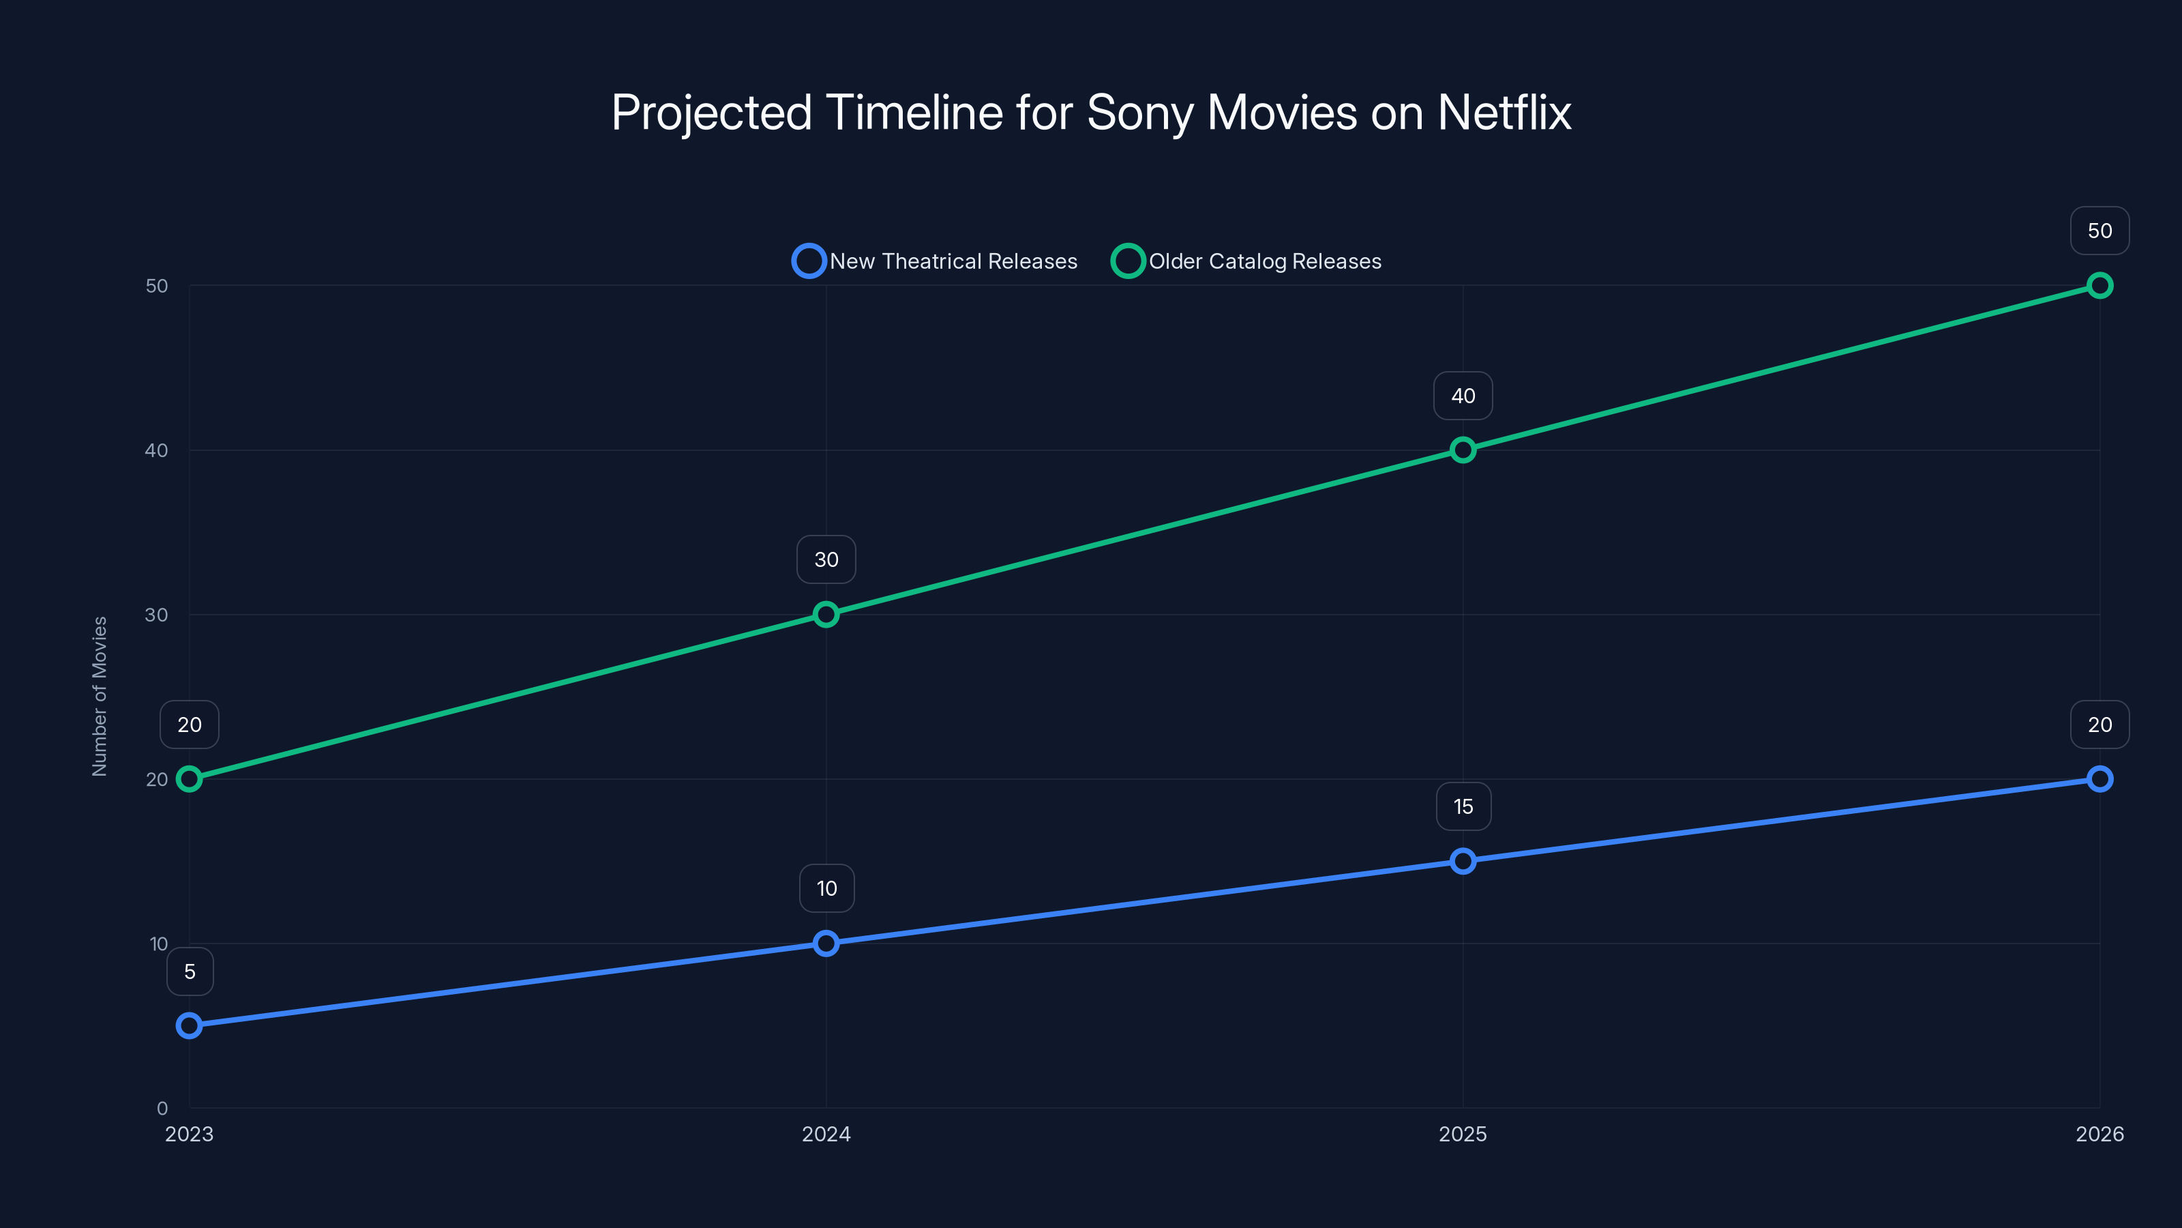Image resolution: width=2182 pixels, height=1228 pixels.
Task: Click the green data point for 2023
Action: click(x=189, y=779)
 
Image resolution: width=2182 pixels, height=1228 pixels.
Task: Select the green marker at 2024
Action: click(x=826, y=615)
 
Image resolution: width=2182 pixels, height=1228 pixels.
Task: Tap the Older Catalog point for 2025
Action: click(x=1463, y=450)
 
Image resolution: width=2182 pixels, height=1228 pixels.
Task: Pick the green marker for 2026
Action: click(x=2100, y=286)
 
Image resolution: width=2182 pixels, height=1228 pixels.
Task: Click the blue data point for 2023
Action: click(x=189, y=1025)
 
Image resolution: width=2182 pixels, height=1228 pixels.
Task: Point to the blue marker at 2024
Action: click(x=826, y=944)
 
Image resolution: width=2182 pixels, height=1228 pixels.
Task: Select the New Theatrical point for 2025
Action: click(x=1463, y=861)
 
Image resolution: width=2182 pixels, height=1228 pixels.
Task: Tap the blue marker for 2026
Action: click(x=2100, y=779)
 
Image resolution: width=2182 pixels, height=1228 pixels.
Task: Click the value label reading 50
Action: click(x=2100, y=231)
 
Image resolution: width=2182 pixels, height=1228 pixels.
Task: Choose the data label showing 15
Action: click(x=1463, y=807)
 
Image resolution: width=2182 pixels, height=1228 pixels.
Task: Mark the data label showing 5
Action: click(x=190, y=971)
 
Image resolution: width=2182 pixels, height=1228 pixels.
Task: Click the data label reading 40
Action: click(x=1463, y=396)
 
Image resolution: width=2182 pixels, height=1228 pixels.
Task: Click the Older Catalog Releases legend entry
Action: click(x=1247, y=261)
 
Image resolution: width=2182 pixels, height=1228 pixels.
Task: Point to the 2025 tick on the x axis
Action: click(x=1463, y=1134)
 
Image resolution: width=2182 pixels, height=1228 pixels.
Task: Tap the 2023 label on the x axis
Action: click(x=189, y=1134)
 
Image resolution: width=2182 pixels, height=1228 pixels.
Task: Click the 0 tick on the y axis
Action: click(x=162, y=1108)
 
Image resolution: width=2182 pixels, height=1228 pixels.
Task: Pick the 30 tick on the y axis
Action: click(x=156, y=615)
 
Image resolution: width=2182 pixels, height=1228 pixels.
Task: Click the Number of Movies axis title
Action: click(x=100, y=696)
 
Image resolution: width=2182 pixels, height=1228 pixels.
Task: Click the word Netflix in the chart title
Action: click(x=1504, y=112)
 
